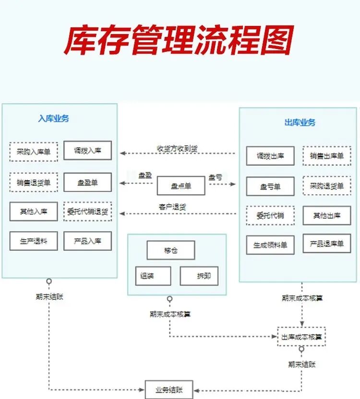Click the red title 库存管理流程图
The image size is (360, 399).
(x=178, y=41)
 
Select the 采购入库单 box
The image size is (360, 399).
(x=34, y=152)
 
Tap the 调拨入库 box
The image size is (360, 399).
(x=88, y=151)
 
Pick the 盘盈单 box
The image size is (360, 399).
(x=88, y=182)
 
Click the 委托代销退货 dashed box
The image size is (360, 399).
(x=88, y=211)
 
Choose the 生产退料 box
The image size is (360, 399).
(x=34, y=241)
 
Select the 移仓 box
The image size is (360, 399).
(x=171, y=250)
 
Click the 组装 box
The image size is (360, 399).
(x=153, y=276)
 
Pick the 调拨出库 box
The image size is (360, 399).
(x=270, y=156)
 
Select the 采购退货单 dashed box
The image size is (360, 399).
(x=327, y=186)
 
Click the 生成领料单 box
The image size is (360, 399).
(x=270, y=245)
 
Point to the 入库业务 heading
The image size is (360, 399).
(x=54, y=118)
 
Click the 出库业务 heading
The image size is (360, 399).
(x=300, y=123)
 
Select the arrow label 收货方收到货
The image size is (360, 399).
(x=178, y=149)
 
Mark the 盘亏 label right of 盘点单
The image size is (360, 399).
(x=216, y=177)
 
